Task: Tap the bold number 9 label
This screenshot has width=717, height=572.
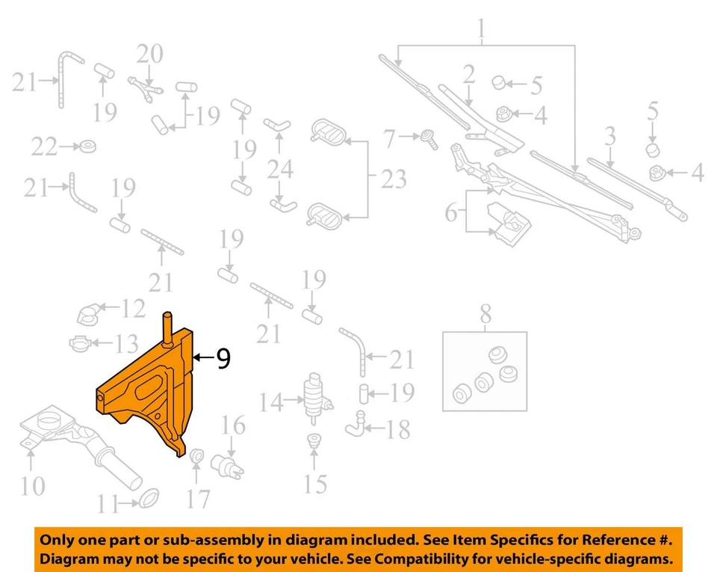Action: coord(222,360)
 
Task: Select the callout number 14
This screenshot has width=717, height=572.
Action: coord(271,403)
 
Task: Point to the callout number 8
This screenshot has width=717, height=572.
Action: coord(485,316)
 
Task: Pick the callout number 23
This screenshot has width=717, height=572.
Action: coord(394,179)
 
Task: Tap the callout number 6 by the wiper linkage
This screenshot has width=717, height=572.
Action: coord(450,212)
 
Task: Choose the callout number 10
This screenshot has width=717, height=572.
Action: coord(31,486)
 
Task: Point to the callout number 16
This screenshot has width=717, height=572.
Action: coord(233,427)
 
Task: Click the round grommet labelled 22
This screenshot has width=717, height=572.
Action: coord(88,145)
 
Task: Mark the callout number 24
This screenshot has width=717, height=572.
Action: coord(280,169)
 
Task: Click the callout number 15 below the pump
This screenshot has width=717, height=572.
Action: coord(315,484)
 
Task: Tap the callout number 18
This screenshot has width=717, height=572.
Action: coord(398,429)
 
